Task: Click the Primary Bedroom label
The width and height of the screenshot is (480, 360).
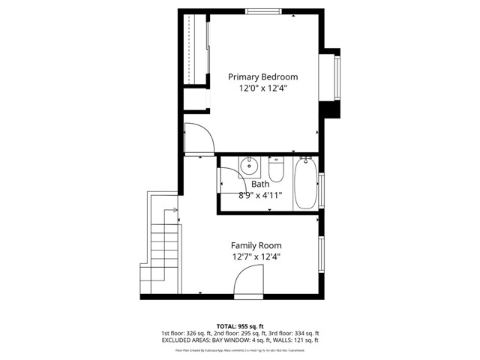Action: pos(262,76)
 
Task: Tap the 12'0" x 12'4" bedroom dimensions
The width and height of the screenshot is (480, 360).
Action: pos(262,88)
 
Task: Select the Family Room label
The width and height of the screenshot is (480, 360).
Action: pos(256,245)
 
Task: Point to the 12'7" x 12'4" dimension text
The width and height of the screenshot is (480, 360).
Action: pos(256,257)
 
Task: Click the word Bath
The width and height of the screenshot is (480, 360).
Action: pos(259,184)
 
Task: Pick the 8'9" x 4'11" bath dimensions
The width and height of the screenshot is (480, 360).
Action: pos(260,196)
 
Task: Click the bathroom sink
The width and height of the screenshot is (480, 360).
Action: pos(249,165)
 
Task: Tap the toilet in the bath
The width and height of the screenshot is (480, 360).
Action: pos(276,170)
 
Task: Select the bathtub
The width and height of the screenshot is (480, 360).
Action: pos(304,184)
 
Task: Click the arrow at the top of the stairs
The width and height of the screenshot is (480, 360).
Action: pos(175,210)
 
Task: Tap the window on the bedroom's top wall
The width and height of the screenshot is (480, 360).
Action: pos(265,11)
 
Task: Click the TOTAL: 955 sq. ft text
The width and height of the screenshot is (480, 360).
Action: pos(240,326)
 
